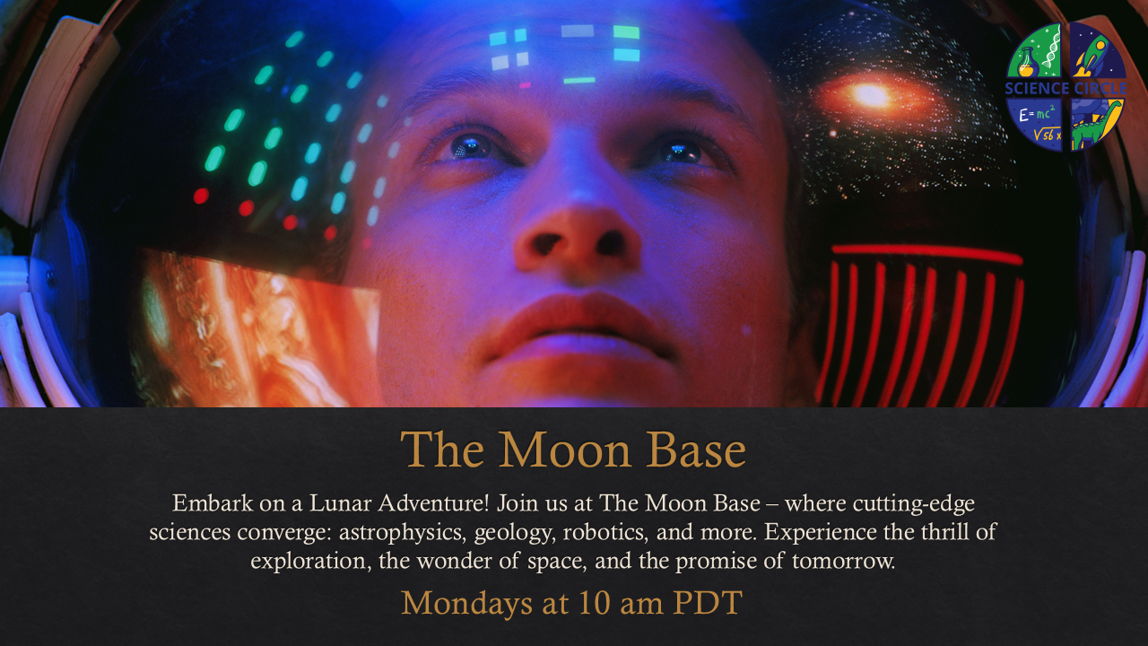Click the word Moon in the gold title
pyautogui.click(x=565, y=450)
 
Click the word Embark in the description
pyautogui.click(x=213, y=503)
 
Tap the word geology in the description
pyautogui.click(x=515, y=533)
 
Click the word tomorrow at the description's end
pyautogui.click(x=843, y=561)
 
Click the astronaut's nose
pyautogui.click(x=578, y=241)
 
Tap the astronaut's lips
pyautogui.click(x=579, y=328)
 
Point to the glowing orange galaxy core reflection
pyautogui.click(x=871, y=96)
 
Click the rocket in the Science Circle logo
pyautogui.click(x=1096, y=57)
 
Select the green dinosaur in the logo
pyautogui.click(x=1097, y=127)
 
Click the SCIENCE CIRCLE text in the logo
pyautogui.click(x=1066, y=89)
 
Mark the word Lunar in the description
pyautogui.click(x=340, y=503)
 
